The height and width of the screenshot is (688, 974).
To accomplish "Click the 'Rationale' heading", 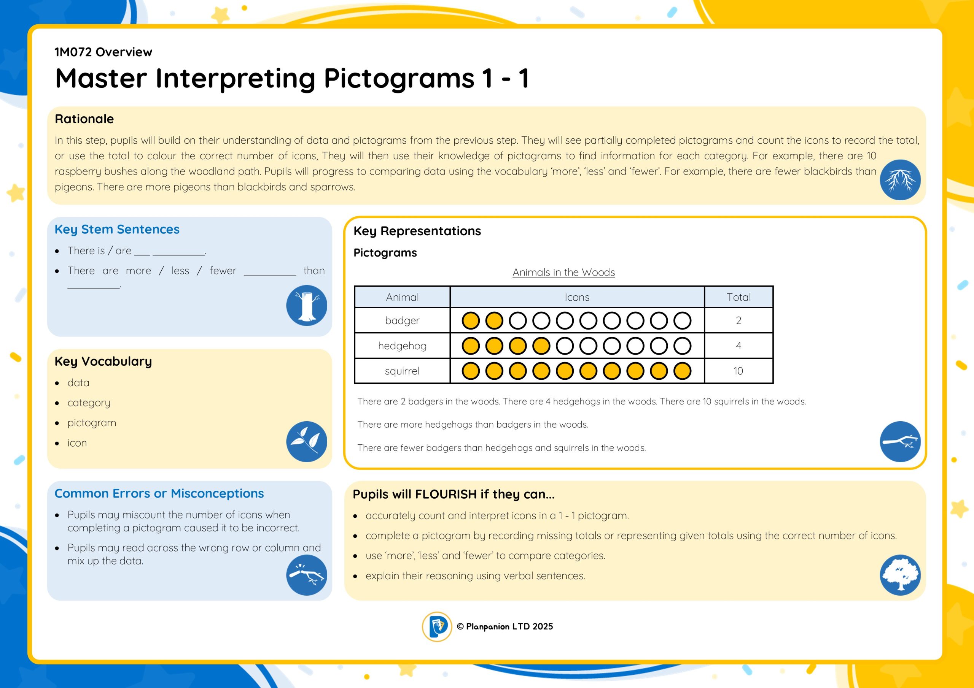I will tap(84, 119).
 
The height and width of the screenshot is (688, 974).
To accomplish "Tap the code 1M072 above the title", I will tap(73, 52).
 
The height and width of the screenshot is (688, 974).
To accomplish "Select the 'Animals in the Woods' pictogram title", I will tap(563, 272).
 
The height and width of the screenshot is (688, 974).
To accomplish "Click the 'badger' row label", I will tap(402, 320).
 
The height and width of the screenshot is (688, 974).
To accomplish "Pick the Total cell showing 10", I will tap(738, 371).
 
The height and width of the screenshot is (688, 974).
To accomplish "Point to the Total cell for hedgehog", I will tap(738, 346).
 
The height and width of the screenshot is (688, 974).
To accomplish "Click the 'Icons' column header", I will tap(577, 297).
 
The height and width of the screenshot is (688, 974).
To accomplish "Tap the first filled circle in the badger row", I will tap(471, 321).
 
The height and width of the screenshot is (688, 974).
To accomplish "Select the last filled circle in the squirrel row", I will tap(682, 371).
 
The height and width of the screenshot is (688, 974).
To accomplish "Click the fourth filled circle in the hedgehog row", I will tap(541, 346).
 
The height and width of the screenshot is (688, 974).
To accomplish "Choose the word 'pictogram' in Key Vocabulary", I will tap(92, 423).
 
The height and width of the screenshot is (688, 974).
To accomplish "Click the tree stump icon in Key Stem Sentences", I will tap(306, 305).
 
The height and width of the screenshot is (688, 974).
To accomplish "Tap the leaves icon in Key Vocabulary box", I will tap(306, 441).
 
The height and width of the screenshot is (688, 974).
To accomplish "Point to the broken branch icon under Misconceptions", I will tap(306, 575).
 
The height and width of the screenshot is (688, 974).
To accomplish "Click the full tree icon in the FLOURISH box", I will tap(900, 575).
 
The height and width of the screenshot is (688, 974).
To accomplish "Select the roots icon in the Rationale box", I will tap(900, 180).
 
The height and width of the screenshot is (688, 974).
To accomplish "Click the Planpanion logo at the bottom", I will tap(436, 626).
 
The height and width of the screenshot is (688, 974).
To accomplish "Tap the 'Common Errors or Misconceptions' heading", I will tap(159, 493).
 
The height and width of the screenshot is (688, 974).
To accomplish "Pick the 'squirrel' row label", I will tap(402, 371).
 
